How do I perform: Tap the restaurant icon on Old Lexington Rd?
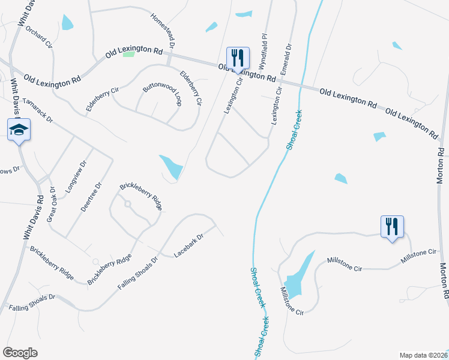click(x=238, y=59)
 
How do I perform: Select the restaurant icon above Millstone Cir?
click(x=392, y=227)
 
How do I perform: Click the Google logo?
click(x=20, y=352)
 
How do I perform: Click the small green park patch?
click(x=128, y=54)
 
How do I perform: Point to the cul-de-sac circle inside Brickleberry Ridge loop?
click(x=127, y=204)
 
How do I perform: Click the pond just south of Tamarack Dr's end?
click(x=171, y=166)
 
